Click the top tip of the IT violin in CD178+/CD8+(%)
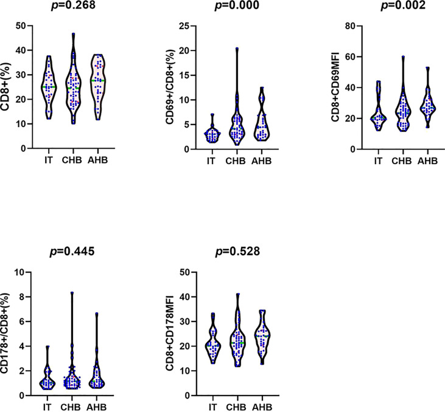point(48,346)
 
